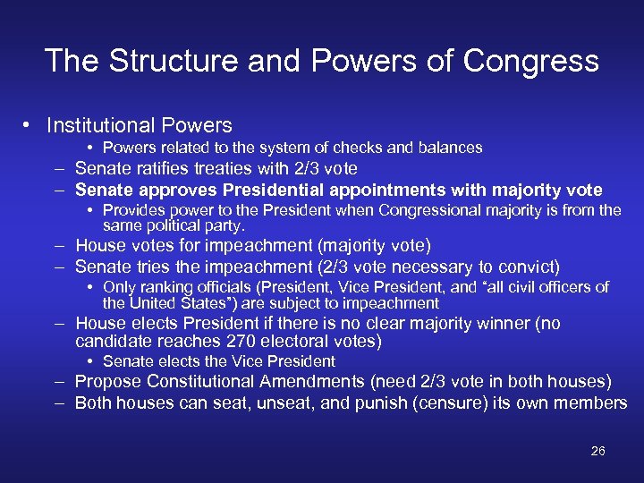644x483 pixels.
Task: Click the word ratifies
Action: pos(159,168)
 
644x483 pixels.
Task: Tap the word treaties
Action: pos(226,168)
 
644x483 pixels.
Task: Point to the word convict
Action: pos(529,267)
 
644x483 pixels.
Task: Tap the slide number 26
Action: pos(598,451)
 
